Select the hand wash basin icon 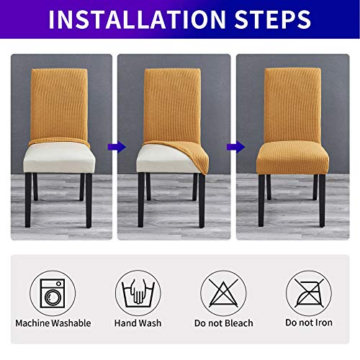(x=138, y=294)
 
